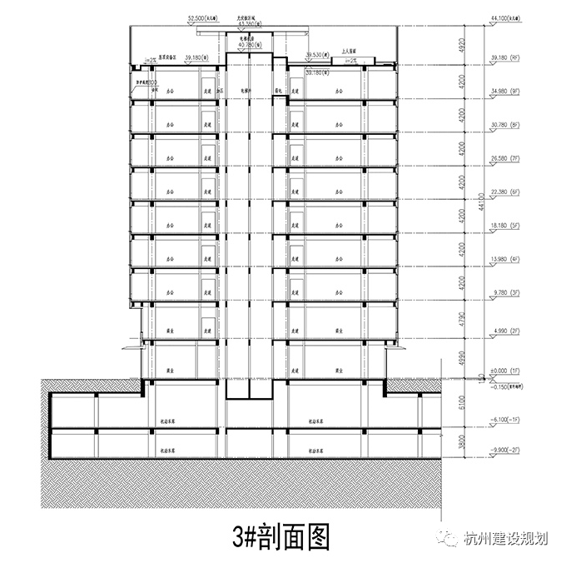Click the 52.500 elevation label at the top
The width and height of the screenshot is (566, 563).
[x=204, y=16]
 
